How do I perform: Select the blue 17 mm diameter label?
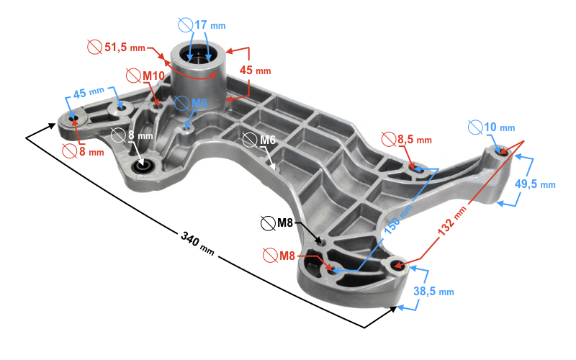[x=209, y=24]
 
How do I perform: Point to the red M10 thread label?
[x=153, y=76]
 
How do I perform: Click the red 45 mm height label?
[x=255, y=71]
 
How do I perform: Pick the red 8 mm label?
[x=91, y=152]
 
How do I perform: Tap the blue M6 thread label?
[x=198, y=104]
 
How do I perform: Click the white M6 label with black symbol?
[x=267, y=139]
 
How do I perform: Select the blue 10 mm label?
[x=499, y=127]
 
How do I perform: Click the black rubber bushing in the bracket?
[x=143, y=168]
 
